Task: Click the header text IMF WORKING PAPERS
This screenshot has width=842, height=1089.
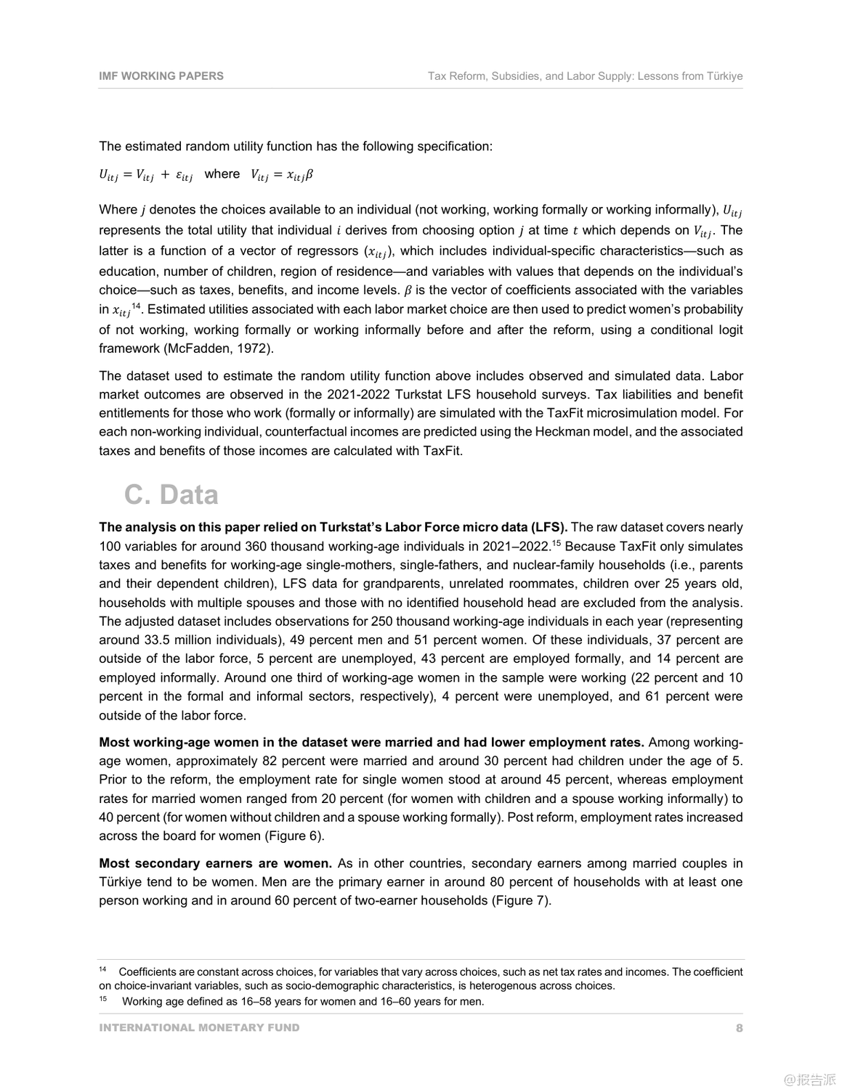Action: (161, 76)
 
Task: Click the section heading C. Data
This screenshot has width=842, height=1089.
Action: (171, 494)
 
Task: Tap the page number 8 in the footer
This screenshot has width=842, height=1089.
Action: (739, 1027)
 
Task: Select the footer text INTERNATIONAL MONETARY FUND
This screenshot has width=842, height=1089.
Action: (199, 1027)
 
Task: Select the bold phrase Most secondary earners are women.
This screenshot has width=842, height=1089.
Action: (215, 863)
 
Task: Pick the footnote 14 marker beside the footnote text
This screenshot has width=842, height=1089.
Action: (102, 970)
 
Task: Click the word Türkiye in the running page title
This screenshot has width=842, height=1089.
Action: (724, 76)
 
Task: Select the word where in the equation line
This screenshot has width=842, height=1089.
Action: (222, 174)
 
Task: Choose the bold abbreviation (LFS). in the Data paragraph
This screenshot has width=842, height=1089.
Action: (548, 527)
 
